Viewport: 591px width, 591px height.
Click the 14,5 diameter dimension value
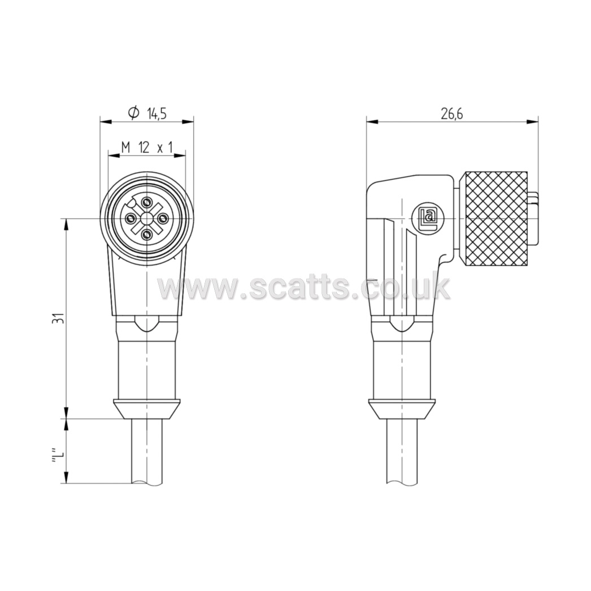157,113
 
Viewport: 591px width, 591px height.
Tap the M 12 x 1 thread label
146,147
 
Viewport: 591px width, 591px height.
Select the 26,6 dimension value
452,113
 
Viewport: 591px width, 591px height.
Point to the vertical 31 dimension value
58,319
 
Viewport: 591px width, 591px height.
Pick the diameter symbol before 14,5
134,112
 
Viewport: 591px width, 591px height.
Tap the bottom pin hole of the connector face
146,234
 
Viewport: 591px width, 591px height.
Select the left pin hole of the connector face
131,218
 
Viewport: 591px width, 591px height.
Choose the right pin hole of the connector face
163,218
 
